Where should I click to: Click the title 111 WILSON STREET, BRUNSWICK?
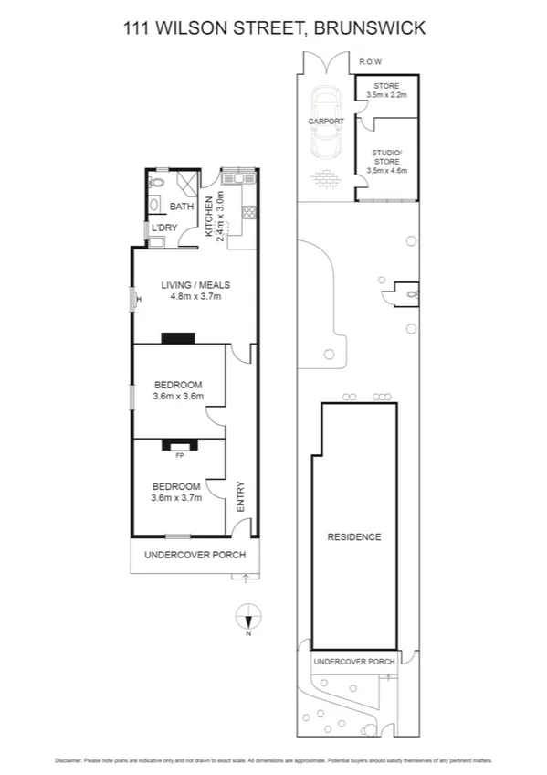pyautogui.click(x=274, y=28)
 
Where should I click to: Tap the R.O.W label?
pyautogui.click(x=370, y=62)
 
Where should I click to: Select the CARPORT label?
pyautogui.click(x=326, y=121)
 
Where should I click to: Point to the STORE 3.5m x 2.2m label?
pyautogui.click(x=386, y=90)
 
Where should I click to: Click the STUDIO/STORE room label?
pyautogui.click(x=386, y=161)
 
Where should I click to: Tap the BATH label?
pyautogui.click(x=182, y=207)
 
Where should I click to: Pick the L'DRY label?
pyautogui.click(x=164, y=228)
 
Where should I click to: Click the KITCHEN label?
pyautogui.click(x=209, y=217)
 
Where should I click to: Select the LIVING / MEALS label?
pyautogui.click(x=192, y=285)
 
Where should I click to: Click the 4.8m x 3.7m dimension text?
pyautogui.click(x=192, y=296)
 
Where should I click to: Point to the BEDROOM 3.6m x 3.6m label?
pyautogui.click(x=177, y=390)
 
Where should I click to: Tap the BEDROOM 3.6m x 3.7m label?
pyautogui.click(x=177, y=492)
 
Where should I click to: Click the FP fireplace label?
pyautogui.click(x=179, y=454)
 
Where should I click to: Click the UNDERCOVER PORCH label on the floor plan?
pyautogui.click(x=188, y=555)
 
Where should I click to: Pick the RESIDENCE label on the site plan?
pyautogui.click(x=353, y=536)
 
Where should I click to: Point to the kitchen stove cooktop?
pyautogui.click(x=247, y=214)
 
